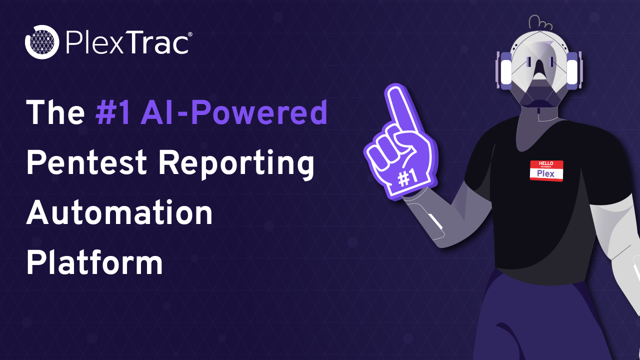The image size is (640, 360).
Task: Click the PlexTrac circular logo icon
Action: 42,41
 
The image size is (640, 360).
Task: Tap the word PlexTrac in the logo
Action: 126,42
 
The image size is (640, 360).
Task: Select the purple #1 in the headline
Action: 113,112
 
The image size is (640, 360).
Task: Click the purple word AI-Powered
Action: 234,112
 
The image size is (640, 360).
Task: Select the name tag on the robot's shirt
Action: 546,171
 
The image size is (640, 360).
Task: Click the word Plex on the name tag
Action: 546,174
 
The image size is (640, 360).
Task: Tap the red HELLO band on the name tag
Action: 546,164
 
